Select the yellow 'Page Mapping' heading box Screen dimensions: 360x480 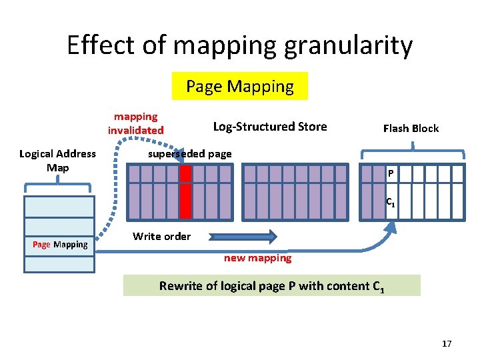(x=240, y=86)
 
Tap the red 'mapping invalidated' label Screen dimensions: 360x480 (x=136, y=123)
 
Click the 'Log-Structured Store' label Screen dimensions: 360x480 (x=270, y=127)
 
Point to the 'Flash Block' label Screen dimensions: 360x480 (x=411, y=128)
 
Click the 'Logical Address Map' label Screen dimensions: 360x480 (x=58, y=161)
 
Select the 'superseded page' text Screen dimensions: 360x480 (x=190, y=154)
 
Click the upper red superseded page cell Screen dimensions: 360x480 (x=186, y=173)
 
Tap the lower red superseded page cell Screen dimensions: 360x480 (x=186, y=201)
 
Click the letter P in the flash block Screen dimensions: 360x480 (x=391, y=175)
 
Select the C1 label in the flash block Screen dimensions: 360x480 (x=391, y=203)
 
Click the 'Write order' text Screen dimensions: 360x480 (x=161, y=236)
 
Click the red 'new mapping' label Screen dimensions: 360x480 (x=257, y=258)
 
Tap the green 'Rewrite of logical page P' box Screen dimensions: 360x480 (x=272, y=286)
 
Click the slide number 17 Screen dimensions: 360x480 (x=447, y=343)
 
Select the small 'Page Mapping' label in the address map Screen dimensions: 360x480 (x=60, y=245)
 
